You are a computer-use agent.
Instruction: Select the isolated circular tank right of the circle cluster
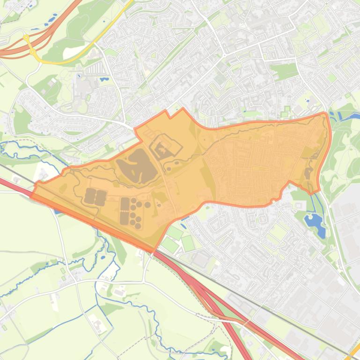click(x=147, y=204)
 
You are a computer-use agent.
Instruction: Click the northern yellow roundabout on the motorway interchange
click(x=26, y=37)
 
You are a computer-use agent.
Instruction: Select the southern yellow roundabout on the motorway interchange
click(x=33, y=52)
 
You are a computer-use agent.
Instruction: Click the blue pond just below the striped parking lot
click(x=103, y=79)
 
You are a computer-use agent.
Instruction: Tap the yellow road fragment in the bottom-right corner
click(x=355, y=353)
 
